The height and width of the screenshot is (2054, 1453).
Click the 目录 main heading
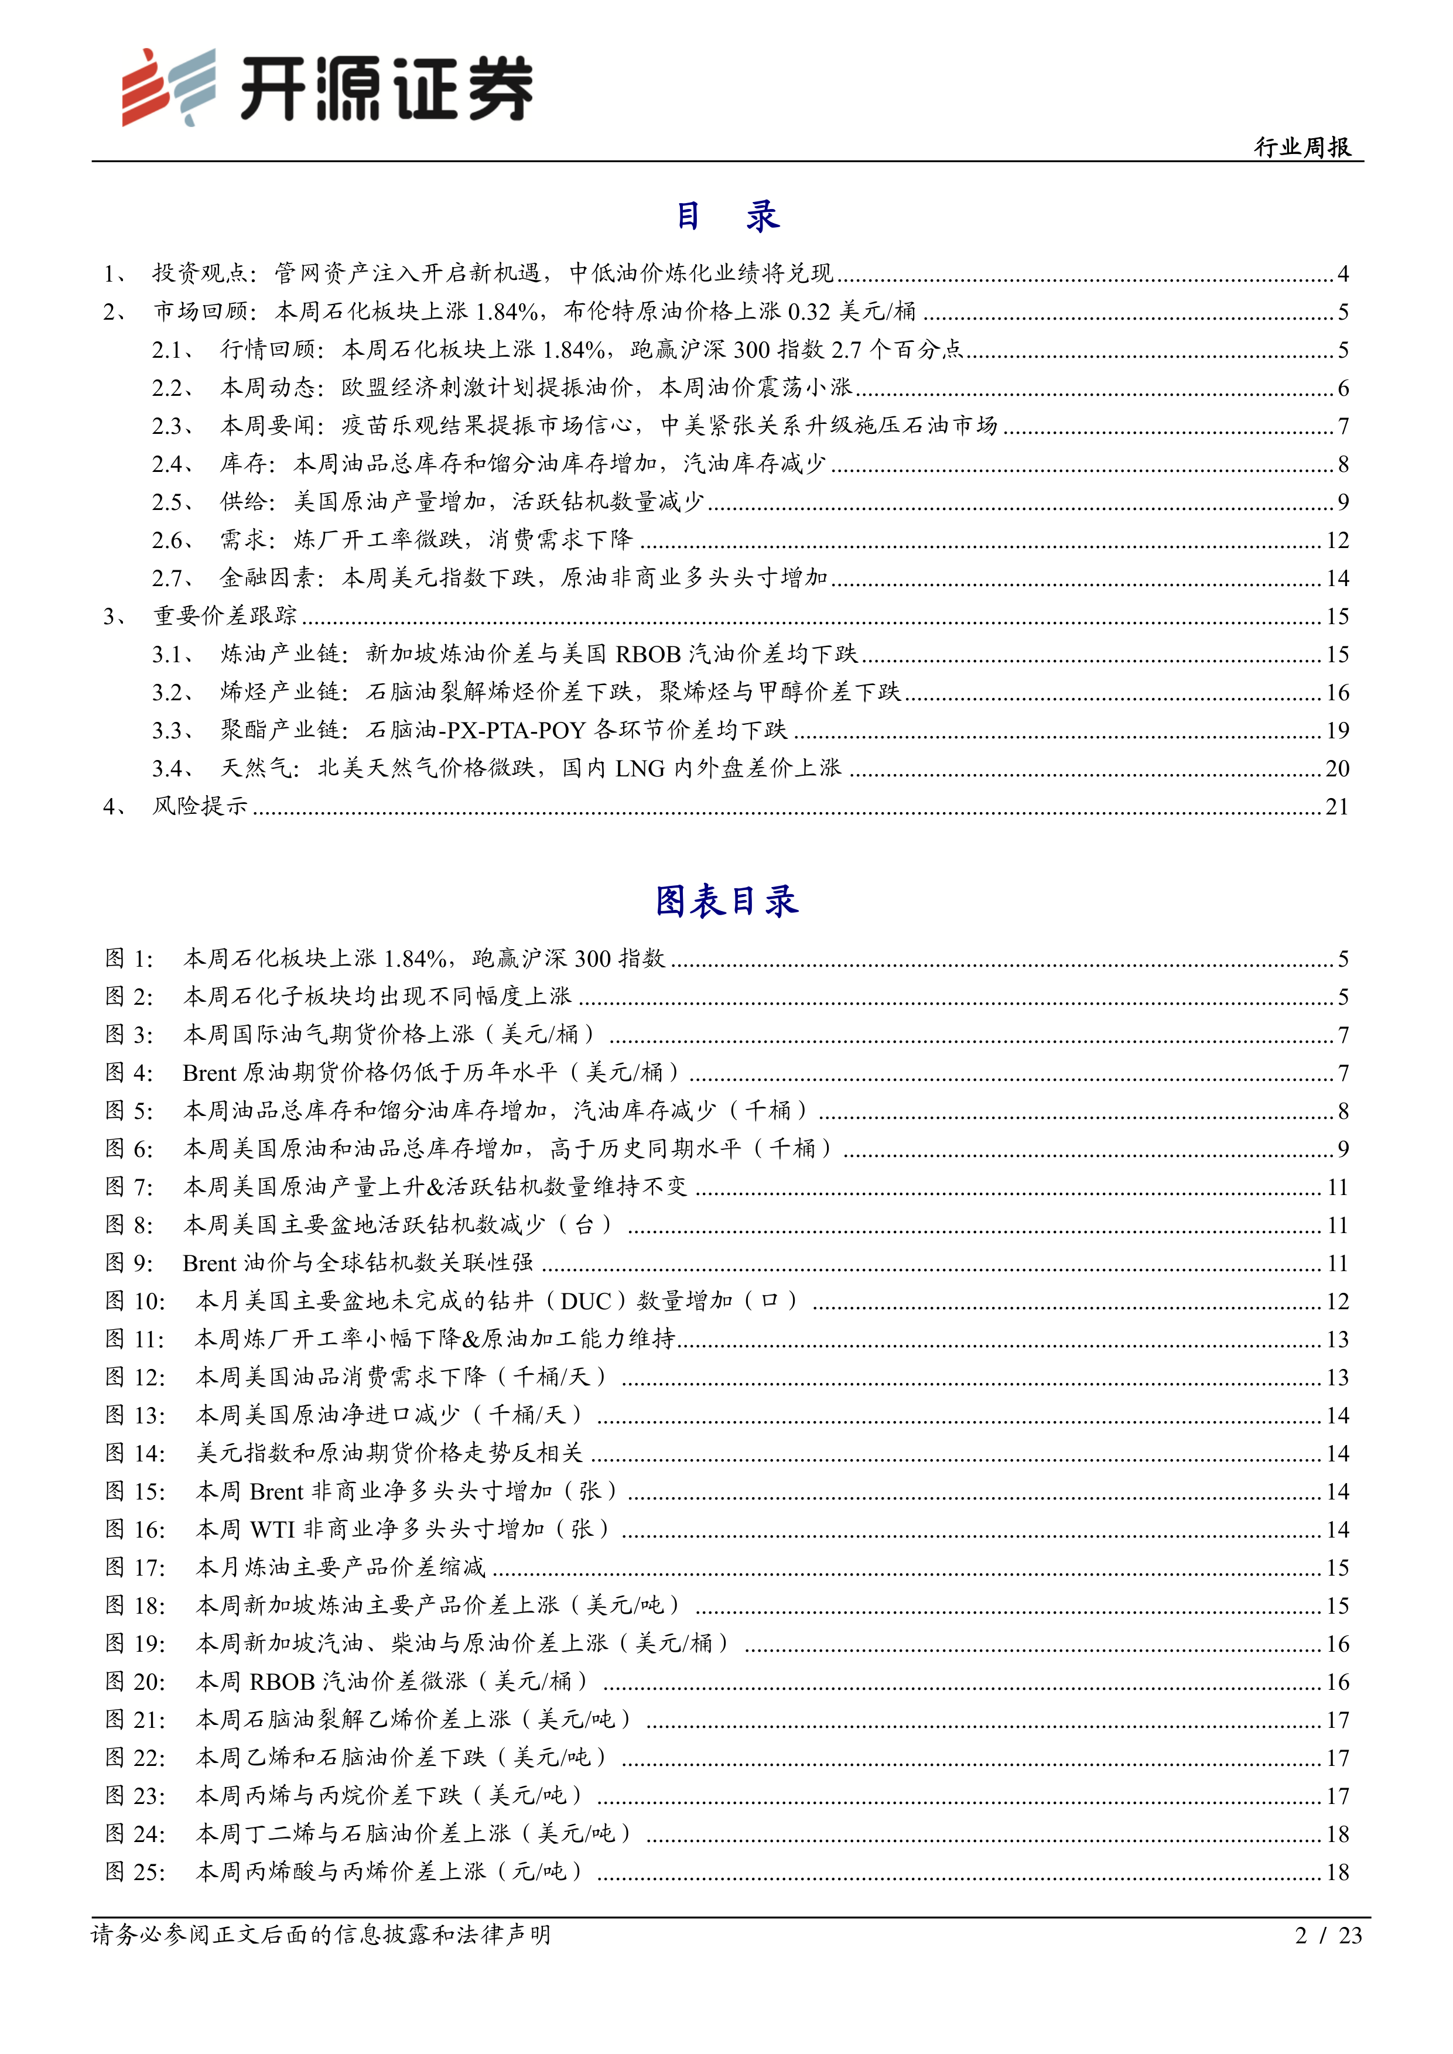tap(726, 215)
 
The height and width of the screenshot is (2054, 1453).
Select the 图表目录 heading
tap(726, 901)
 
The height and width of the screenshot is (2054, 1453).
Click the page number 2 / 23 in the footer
tap(1328, 1935)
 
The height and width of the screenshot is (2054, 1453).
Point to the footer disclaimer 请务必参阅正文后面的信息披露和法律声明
tap(320, 1935)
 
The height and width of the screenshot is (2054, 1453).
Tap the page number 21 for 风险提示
tap(1336, 807)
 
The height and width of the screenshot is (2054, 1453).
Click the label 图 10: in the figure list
tap(135, 1301)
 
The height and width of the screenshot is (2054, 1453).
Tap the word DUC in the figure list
tap(586, 1301)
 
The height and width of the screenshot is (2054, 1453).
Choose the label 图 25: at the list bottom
tap(135, 1872)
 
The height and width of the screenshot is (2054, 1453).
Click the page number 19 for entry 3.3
tap(1336, 731)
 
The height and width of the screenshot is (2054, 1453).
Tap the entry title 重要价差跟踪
tap(224, 617)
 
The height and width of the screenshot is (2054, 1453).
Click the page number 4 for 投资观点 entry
tap(1343, 274)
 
